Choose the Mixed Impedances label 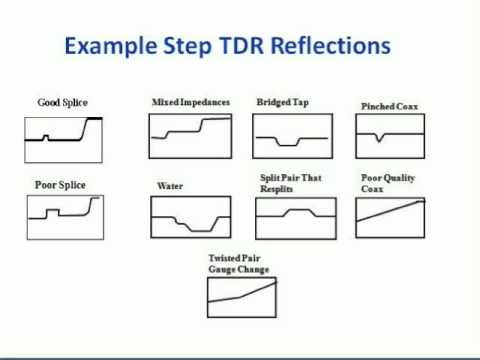[191, 102]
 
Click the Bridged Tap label [282, 102]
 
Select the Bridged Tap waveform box [290, 136]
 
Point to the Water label [169, 186]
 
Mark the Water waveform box [190, 219]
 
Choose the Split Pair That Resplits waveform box [290, 216]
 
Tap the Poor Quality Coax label [388, 183]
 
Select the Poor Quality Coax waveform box [390, 216]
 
